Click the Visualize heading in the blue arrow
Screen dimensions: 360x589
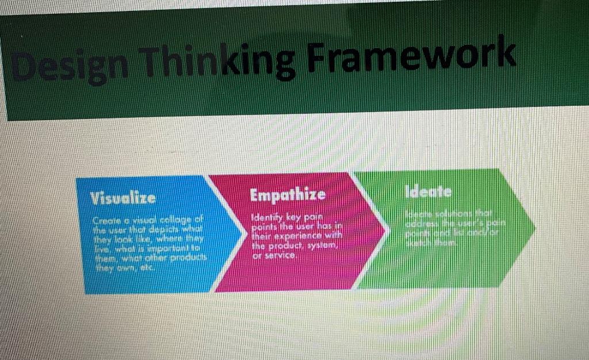click(x=122, y=198)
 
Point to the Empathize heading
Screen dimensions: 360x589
click(x=288, y=194)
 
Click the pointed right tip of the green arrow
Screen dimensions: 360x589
click(x=535, y=228)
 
